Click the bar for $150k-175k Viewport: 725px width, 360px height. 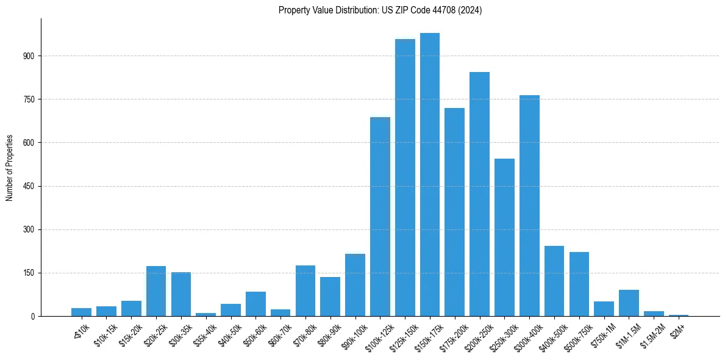click(x=430, y=175)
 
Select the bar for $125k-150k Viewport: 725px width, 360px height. click(x=405, y=178)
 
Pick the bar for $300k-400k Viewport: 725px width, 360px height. click(x=529, y=206)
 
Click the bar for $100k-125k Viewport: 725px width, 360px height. click(x=380, y=217)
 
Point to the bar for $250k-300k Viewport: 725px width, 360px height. click(x=504, y=237)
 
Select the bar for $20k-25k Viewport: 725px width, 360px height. click(x=156, y=291)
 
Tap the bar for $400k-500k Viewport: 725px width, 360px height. click(x=554, y=281)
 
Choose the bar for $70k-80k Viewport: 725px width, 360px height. click(x=305, y=290)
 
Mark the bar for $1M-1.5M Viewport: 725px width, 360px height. click(x=629, y=303)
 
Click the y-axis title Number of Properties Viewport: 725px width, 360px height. click(x=10, y=168)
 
